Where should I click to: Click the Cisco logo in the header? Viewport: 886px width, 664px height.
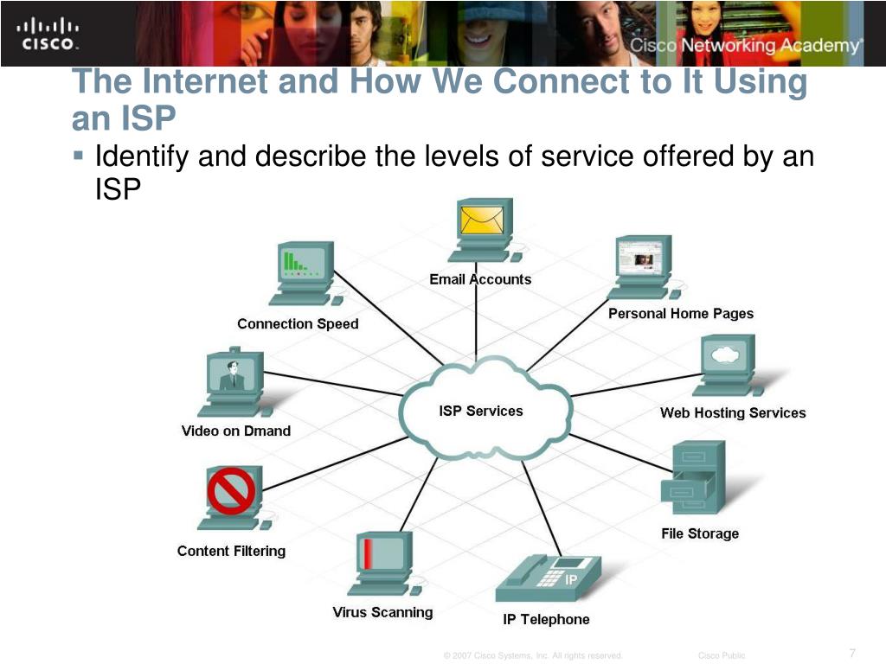pyautogui.click(x=48, y=33)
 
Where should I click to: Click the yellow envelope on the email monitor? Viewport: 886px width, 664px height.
pyautogui.click(x=482, y=220)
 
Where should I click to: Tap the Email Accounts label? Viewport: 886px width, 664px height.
pyautogui.click(x=480, y=279)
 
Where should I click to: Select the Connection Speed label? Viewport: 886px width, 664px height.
pyautogui.click(x=298, y=323)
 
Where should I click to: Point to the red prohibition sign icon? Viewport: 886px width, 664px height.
pyautogui.click(x=231, y=492)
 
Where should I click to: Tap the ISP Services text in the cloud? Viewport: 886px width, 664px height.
pyautogui.click(x=481, y=411)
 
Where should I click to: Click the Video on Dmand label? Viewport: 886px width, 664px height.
pyautogui.click(x=236, y=431)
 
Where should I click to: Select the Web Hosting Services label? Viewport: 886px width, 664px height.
pyautogui.click(x=733, y=413)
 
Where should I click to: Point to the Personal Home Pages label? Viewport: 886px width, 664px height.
pyautogui.click(x=681, y=313)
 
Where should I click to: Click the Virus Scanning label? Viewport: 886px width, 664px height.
pyautogui.click(x=382, y=612)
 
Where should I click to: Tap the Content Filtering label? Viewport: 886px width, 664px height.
pyautogui.click(x=231, y=551)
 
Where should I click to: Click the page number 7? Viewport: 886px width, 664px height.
pyautogui.click(x=852, y=653)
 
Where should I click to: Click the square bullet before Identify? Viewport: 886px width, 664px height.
pyautogui.click(x=79, y=156)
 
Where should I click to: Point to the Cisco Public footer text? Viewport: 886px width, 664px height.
pyautogui.click(x=722, y=655)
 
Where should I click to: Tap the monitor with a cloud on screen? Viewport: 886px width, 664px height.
pyautogui.click(x=725, y=357)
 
